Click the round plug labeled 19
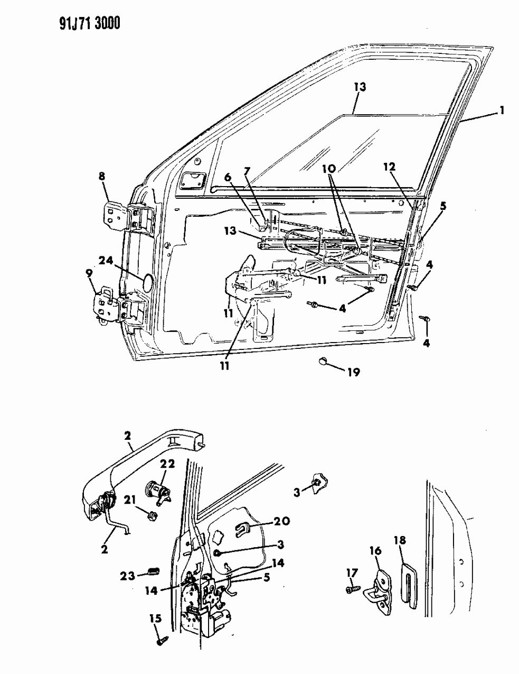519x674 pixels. click(323, 362)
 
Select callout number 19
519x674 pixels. click(353, 372)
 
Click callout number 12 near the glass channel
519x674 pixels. click(389, 167)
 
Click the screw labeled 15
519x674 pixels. click(161, 641)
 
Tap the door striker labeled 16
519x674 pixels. click(381, 592)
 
